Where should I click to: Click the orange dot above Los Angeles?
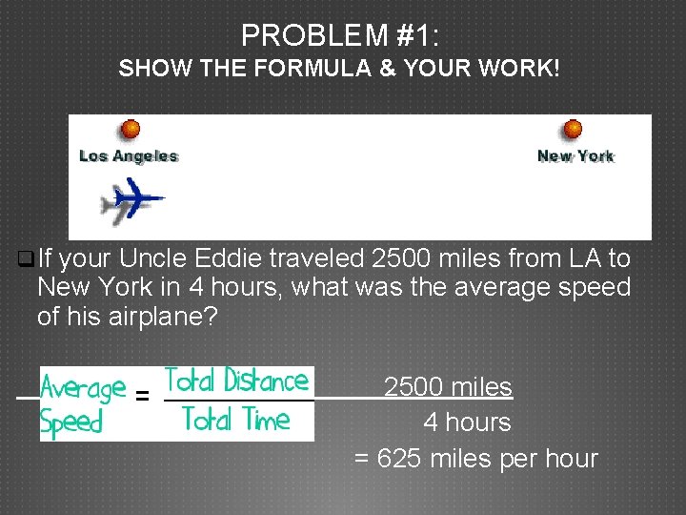click(x=131, y=129)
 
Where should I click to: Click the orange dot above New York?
click(x=573, y=129)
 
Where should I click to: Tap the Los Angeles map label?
click(x=129, y=155)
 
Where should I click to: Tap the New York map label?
click(x=575, y=155)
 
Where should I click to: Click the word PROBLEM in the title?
click(x=313, y=36)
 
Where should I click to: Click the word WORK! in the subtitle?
click(x=528, y=70)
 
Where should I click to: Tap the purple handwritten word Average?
click(x=83, y=388)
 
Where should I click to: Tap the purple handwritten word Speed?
click(x=71, y=422)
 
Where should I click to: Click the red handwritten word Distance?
click(x=266, y=381)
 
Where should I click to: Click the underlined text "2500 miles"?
click(x=448, y=387)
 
